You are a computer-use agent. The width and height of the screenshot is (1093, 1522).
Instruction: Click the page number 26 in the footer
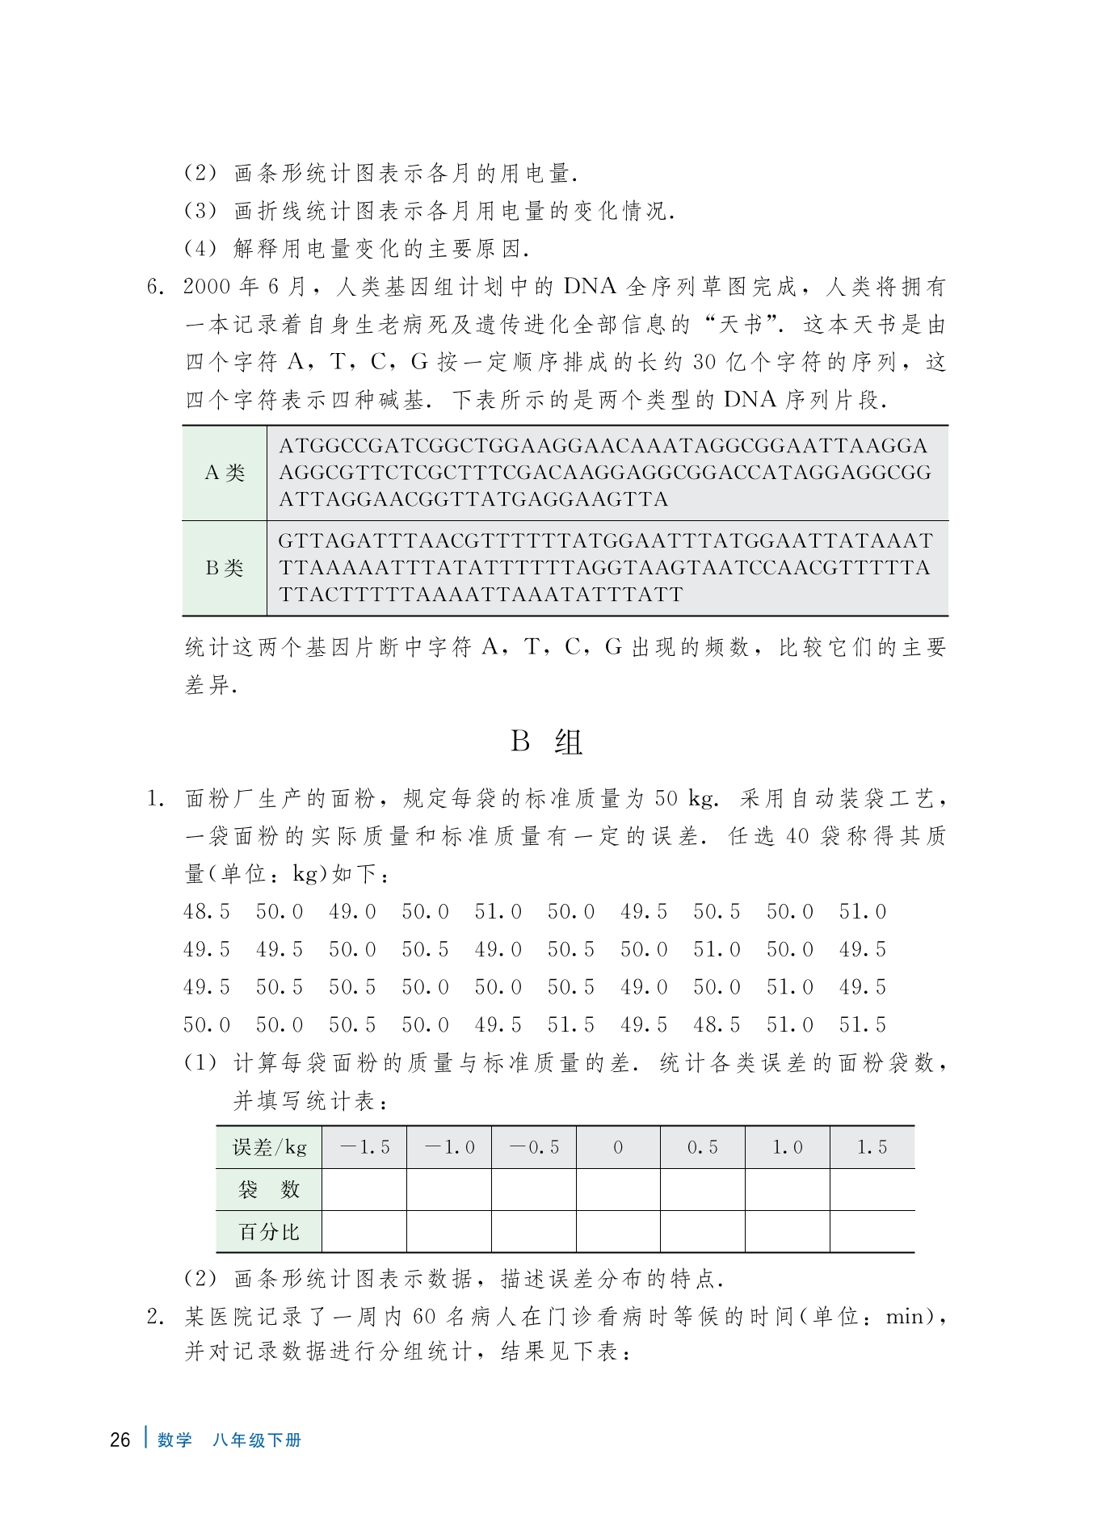(x=120, y=1440)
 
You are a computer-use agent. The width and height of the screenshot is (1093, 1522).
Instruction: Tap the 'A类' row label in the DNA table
(x=225, y=473)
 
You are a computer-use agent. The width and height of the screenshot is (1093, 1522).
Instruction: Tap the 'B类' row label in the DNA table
(x=225, y=568)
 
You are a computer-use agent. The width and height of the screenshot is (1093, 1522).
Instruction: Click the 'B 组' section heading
(x=546, y=741)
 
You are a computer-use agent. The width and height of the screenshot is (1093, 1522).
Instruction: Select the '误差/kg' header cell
(x=269, y=1147)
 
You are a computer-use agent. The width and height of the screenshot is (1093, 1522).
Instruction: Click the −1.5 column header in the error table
(x=364, y=1147)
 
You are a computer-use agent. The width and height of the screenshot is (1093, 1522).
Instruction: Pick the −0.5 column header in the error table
(x=534, y=1147)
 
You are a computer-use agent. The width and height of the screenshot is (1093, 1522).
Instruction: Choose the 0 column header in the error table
(x=618, y=1147)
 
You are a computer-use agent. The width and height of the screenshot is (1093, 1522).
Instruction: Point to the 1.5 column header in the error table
(x=872, y=1147)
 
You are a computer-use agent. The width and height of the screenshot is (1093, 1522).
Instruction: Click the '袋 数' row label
(x=269, y=1189)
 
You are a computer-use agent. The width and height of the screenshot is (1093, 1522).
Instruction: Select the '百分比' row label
(x=269, y=1231)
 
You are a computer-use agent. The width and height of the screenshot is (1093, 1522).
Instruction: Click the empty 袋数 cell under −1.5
(x=364, y=1189)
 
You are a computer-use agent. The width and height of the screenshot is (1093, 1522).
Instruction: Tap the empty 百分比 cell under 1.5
(x=872, y=1231)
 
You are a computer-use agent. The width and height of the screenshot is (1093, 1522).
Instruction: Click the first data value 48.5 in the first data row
(x=207, y=912)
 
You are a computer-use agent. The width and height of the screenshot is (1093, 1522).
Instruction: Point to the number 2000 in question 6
(x=207, y=287)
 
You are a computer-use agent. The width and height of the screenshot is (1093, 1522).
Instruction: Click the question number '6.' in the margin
(x=156, y=287)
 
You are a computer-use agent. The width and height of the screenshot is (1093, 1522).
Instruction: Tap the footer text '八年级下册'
(x=257, y=1440)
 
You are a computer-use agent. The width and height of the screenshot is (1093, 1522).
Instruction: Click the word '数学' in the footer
(x=174, y=1440)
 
